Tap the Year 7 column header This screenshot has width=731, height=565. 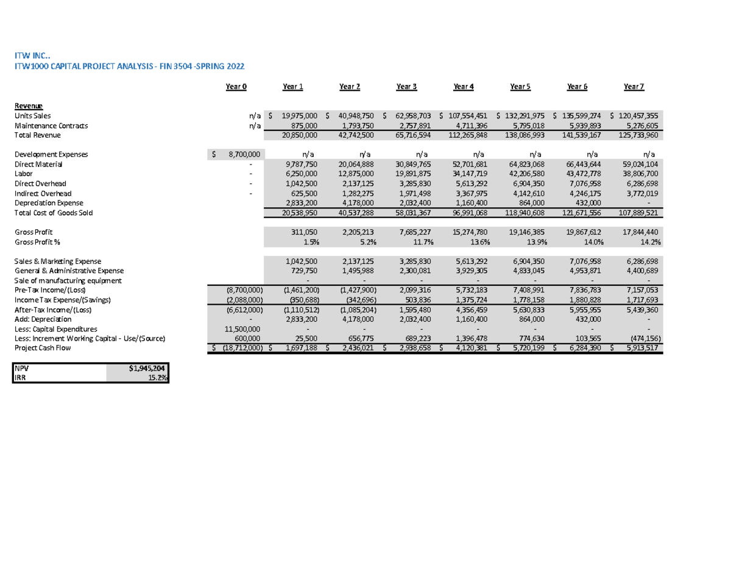tap(634, 87)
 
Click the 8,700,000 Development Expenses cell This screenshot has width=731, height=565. tap(244, 154)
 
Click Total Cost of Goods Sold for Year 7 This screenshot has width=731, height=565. tap(637, 212)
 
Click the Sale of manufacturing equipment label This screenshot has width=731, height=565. tap(68, 280)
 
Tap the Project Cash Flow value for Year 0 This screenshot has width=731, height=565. tap(239, 348)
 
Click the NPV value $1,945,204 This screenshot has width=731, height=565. tap(147, 369)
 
